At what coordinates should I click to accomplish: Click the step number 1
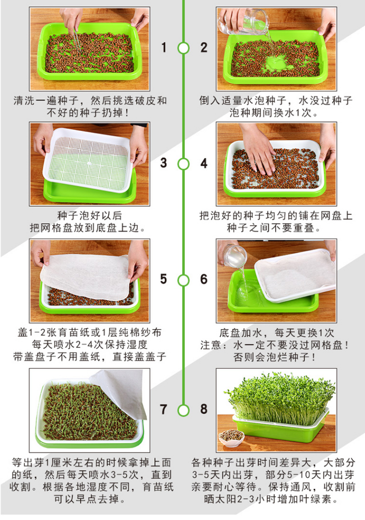click(x=164, y=47)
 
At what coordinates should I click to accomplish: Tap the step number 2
click(x=204, y=47)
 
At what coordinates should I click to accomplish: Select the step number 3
click(x=164, y=163)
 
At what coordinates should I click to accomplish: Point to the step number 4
click(x=204, y=163)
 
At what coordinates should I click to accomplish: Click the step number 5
click(x=164, y=279)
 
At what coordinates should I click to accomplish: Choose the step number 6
click(x=204, y=279)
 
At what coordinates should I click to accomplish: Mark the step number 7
click(x=163, y=409)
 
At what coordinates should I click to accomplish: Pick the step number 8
click(x=204, y=409)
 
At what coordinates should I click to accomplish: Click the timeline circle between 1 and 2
click(x=183, y=48)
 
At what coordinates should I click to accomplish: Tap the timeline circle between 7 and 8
click(x=183, y=410)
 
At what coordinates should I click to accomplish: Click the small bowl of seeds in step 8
click(x=231, y=438)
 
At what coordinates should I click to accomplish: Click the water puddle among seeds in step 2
click(x=276, y=63)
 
